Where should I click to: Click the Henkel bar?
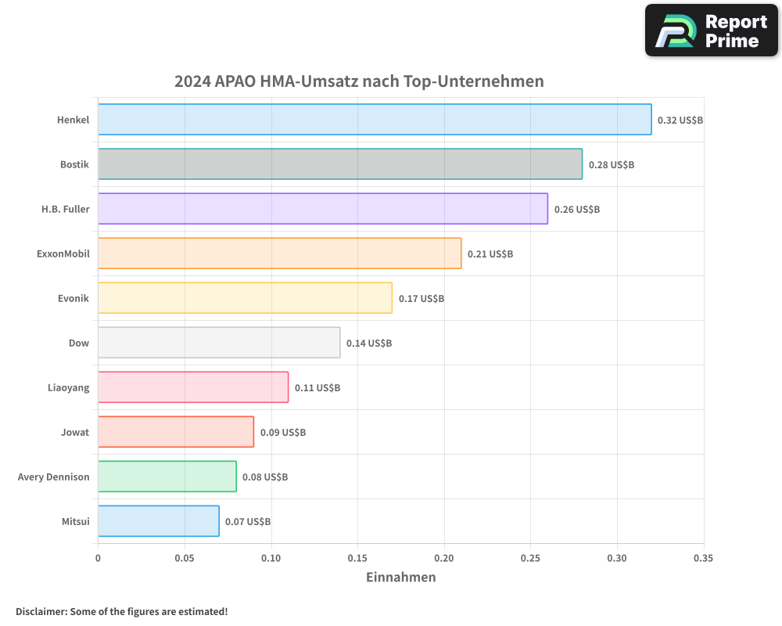pos(375,120)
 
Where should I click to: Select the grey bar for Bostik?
pos(340,164)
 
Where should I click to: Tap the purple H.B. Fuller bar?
pos(323,209)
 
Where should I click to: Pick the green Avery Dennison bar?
pos(167,477)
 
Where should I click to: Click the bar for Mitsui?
pos(159,521)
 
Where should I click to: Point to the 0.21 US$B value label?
pos(490,254)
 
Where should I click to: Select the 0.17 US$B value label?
pos(421,298)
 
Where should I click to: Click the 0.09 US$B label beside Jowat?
pos(283,432)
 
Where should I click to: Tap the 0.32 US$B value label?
pos(680,120)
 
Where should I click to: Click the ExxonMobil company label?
pos(63,254)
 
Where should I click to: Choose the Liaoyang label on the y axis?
pos(69,387)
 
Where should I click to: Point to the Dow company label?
pos(79,343)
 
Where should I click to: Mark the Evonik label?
pos(74,298)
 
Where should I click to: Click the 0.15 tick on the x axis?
pos(357,558)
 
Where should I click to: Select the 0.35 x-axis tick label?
pos(703,558)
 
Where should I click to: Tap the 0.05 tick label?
pos(185,558)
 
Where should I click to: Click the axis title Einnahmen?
pos(401,577)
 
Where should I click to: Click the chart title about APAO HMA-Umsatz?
pos(359,81)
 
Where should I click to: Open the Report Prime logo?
pos(712,31)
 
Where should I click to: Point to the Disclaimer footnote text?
pos(122,611)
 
